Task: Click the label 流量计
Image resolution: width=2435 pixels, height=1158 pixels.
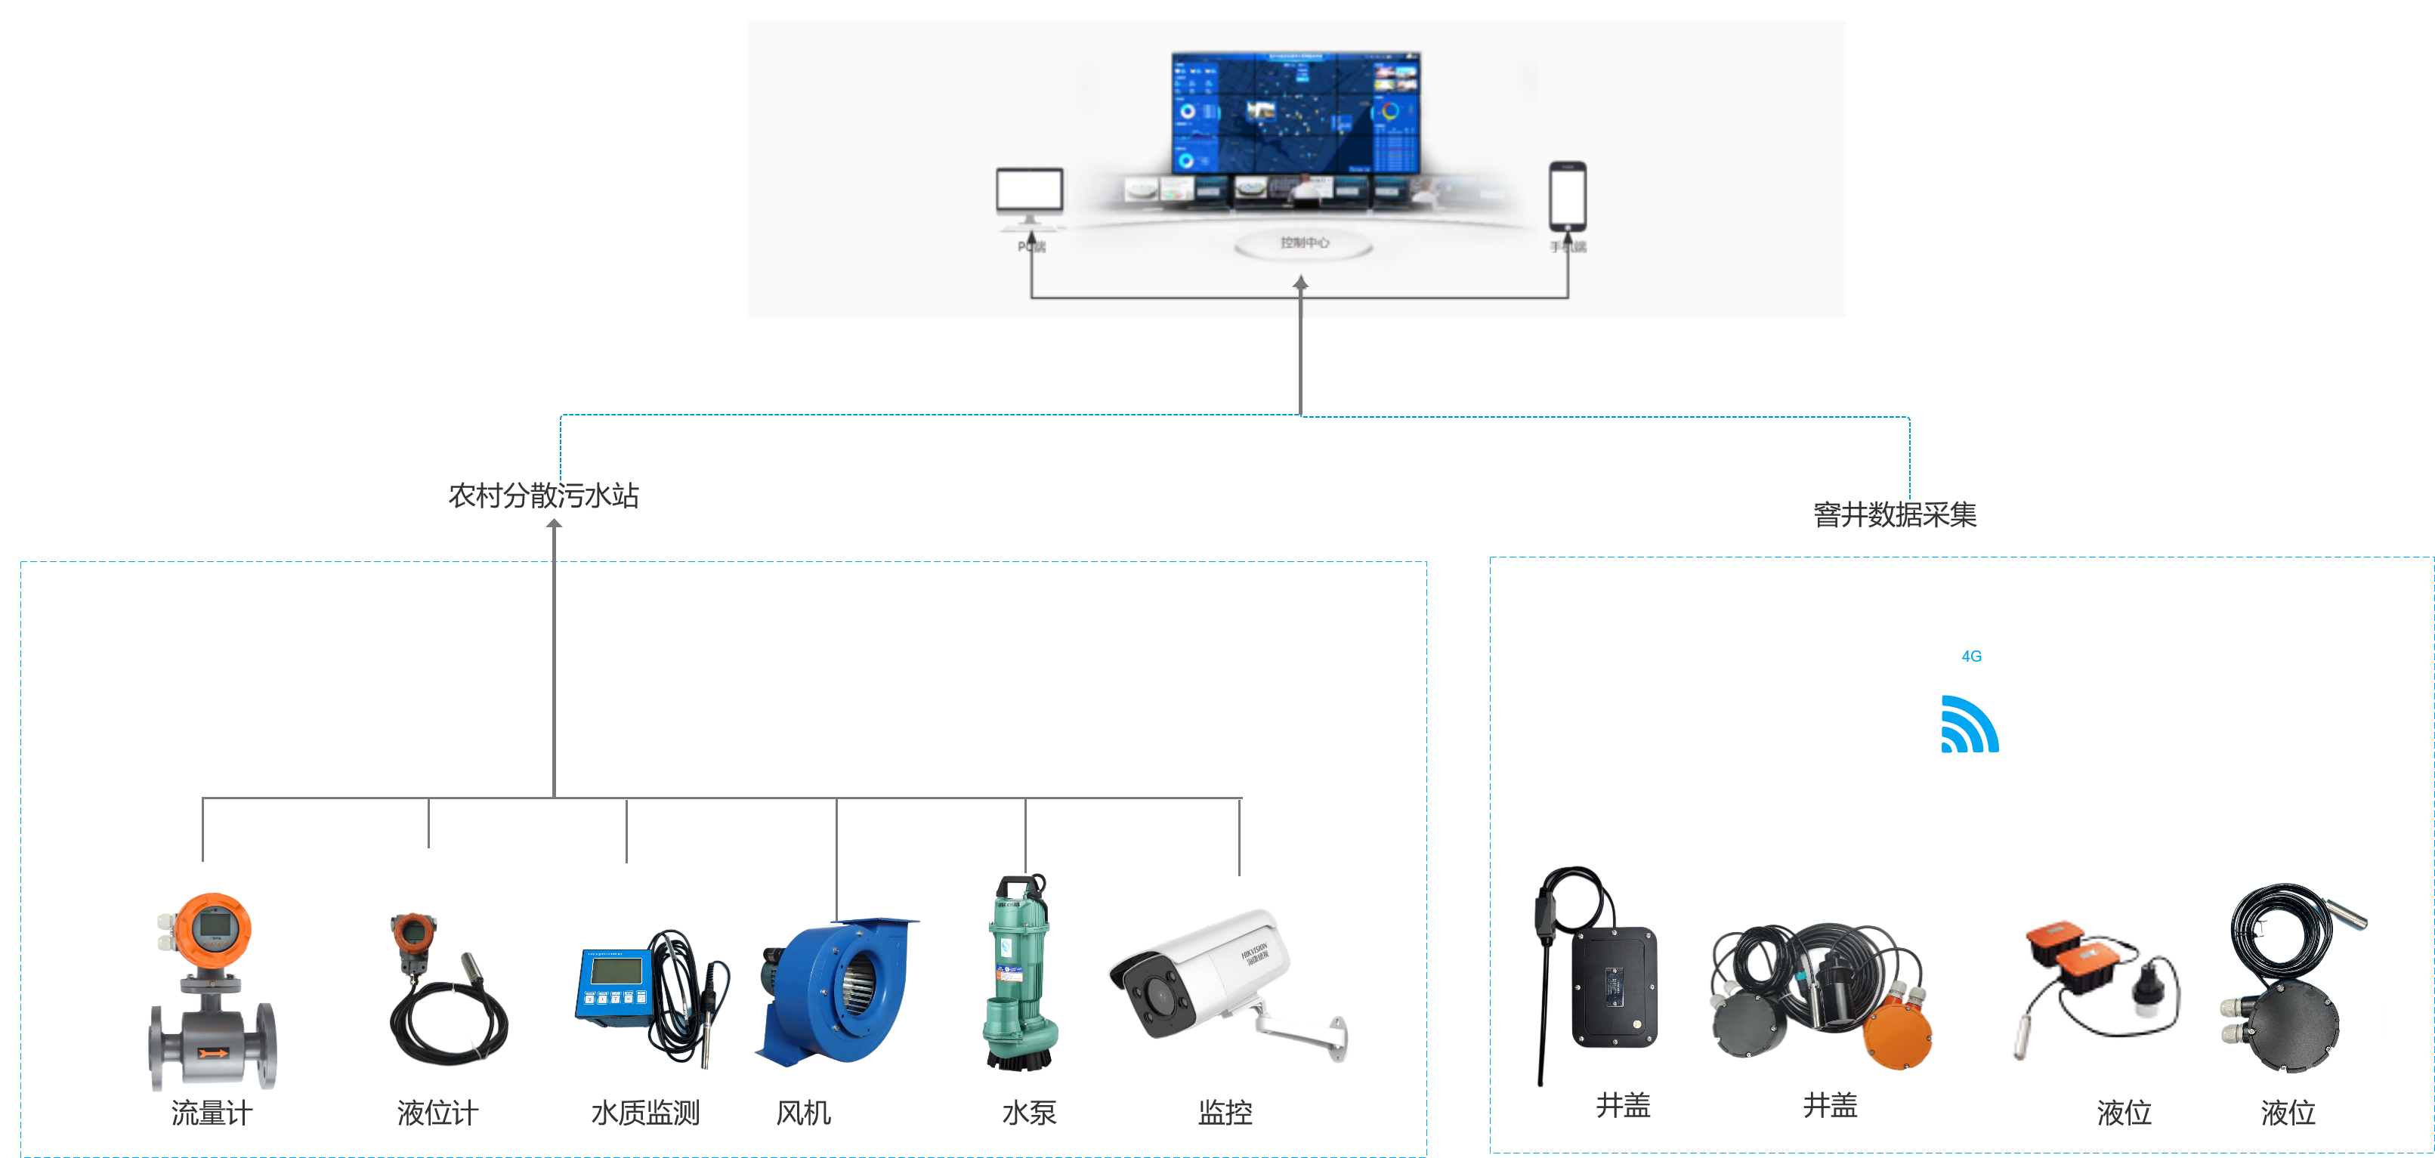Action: pos(212,1113)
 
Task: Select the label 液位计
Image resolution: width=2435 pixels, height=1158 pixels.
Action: pos(437,1113)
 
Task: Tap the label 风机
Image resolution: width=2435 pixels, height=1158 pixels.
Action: pos(802,1113)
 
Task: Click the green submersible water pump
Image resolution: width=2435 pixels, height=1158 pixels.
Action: pos(1019,974)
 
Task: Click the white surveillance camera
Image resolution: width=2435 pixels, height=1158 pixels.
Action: pos(1201,974)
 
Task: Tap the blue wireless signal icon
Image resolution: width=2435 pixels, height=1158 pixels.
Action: pos(1969,725)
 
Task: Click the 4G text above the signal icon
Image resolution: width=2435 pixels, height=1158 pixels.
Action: pos(1971,656)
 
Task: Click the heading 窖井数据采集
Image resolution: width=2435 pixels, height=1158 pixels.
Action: pos(1894,514)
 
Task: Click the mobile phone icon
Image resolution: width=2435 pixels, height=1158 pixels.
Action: pos(1567,195)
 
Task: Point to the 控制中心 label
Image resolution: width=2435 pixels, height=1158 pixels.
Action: pos(1303,243)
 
